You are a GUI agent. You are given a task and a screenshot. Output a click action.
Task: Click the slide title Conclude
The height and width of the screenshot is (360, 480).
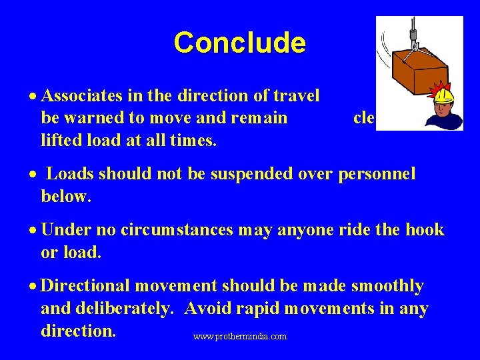point(239,43)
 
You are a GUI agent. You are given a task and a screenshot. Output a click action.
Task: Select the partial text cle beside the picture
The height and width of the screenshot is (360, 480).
point(363,118)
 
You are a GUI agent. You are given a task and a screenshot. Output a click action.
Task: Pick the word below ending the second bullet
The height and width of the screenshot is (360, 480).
point(65,197)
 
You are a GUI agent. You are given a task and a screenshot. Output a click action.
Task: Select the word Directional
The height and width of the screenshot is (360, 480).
point(85,286)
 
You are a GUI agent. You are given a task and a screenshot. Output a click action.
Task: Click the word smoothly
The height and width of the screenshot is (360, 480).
point(386,286)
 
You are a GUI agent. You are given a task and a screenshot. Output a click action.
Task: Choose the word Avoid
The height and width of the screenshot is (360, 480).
point(207,309)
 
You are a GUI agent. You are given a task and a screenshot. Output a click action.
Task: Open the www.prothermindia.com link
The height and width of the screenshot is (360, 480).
point(240,337)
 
